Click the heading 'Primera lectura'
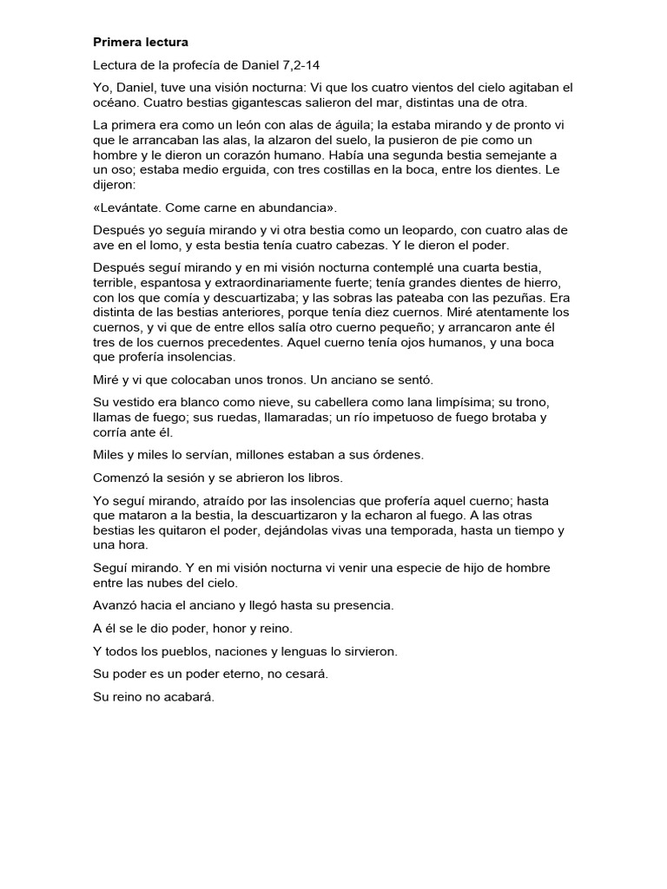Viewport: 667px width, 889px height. click(x=140, y=42)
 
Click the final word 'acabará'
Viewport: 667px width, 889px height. click(x=189, y=695)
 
